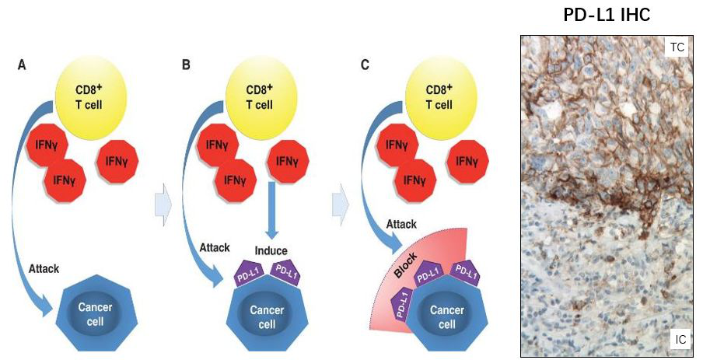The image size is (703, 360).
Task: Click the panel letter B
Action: click(186, 65)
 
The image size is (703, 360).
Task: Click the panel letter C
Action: click(364, 65)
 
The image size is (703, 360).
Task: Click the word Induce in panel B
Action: click(272, 251)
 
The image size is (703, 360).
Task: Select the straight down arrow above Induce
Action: click(272, 210)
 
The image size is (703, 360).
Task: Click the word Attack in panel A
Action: click(44, 268)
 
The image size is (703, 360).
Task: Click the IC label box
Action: click(679, 340)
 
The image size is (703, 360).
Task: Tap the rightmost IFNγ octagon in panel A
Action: click(119, 161)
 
